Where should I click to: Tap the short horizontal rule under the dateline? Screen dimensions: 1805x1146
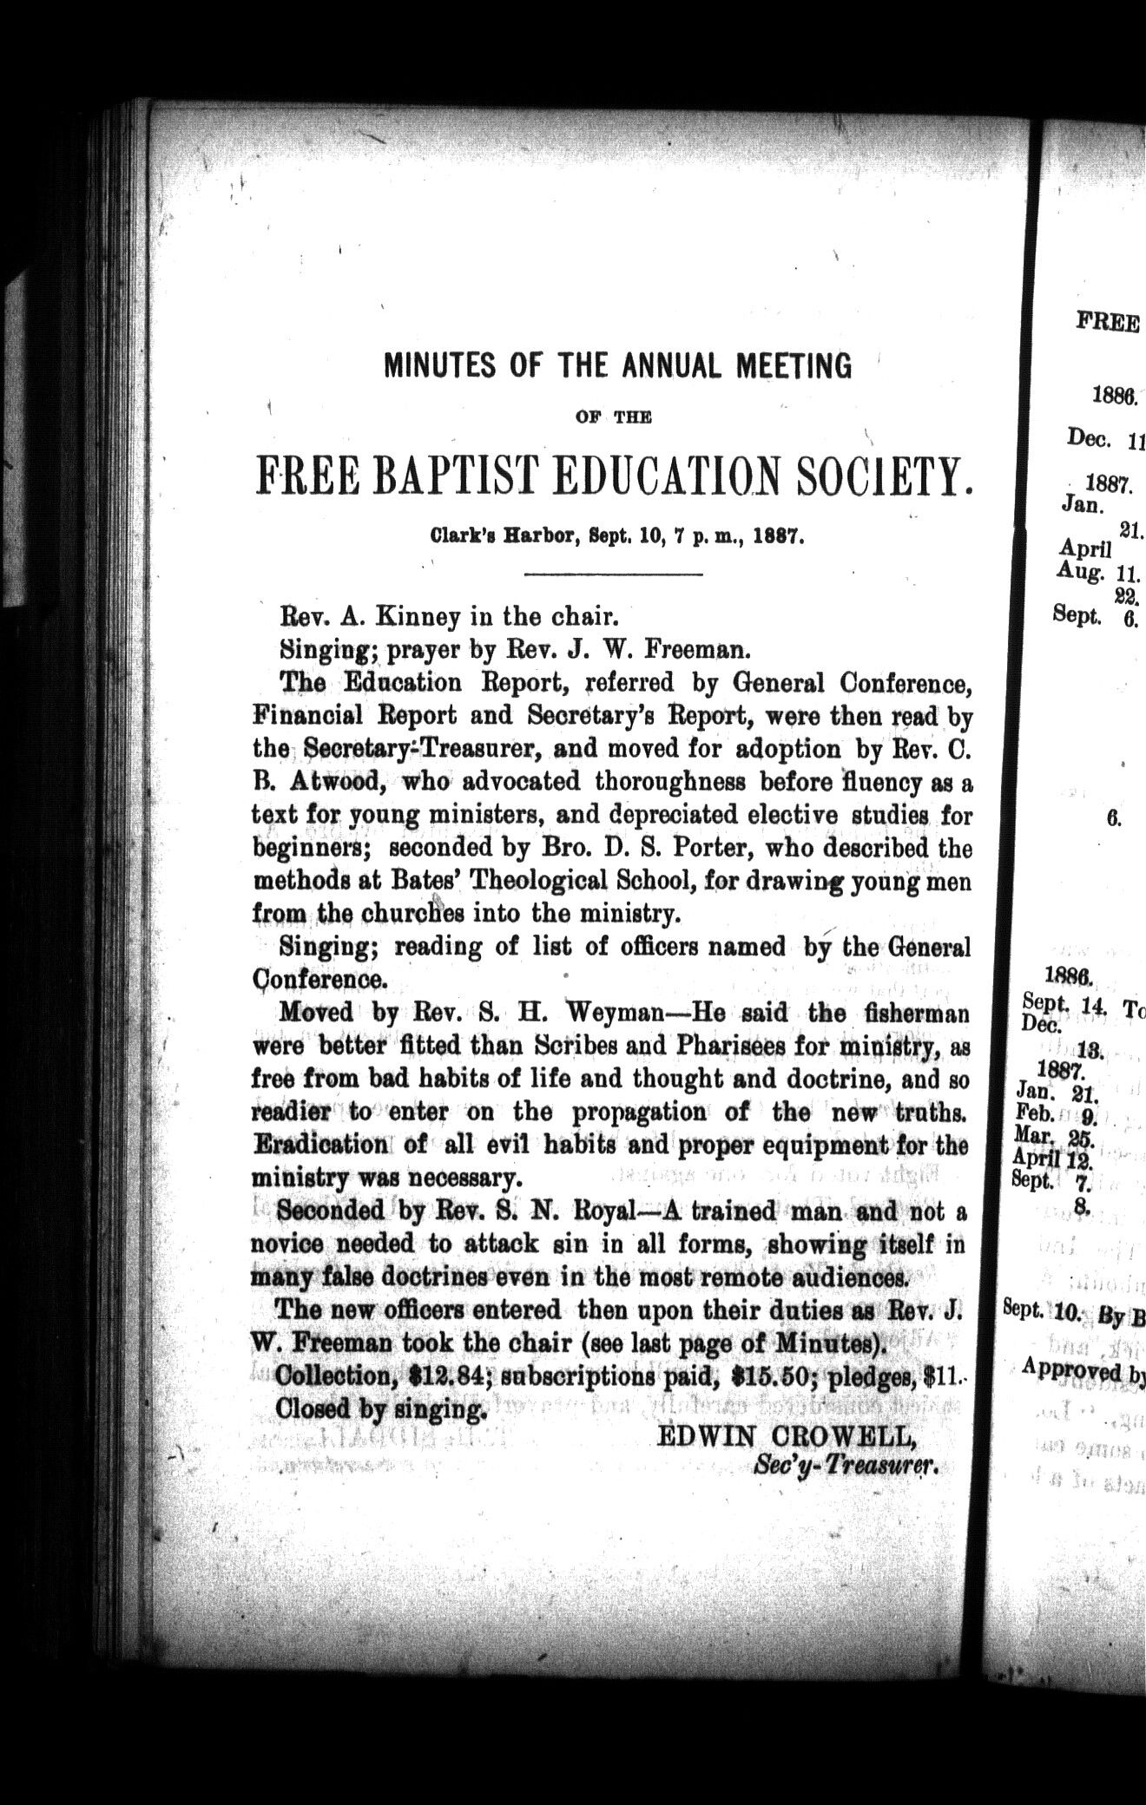pyautogui.click(x=614, y=574)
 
